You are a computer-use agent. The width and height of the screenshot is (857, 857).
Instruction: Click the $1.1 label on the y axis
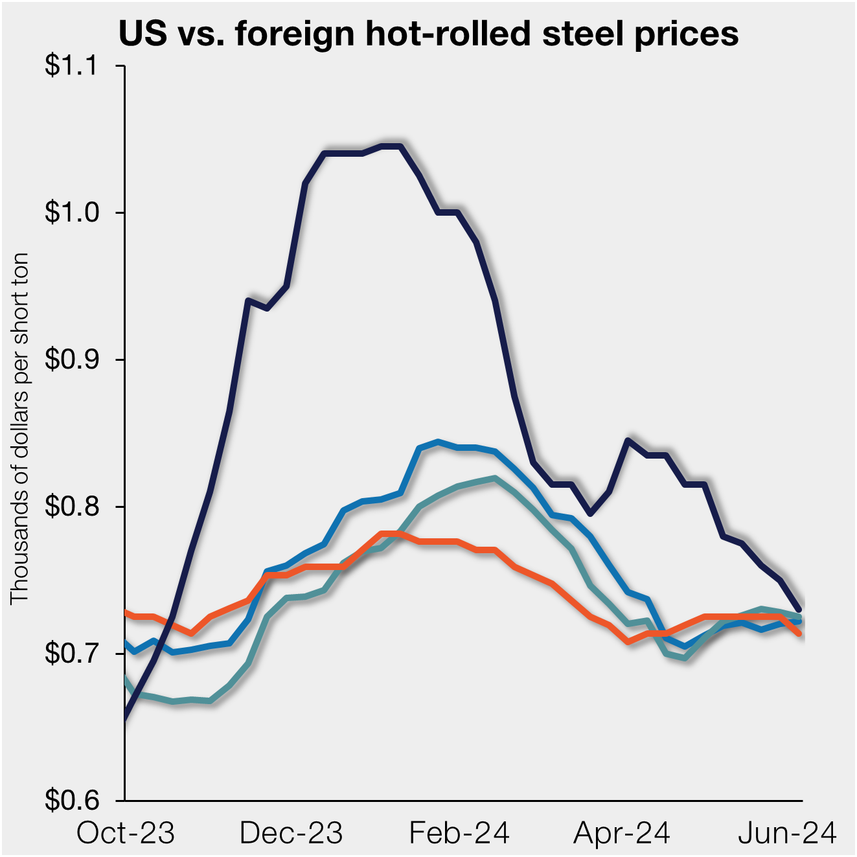(x=71, y=66)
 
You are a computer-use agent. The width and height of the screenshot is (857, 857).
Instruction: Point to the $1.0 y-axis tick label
(x=71, y=212)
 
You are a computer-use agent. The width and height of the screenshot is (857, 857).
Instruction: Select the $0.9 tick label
(x=71, y=360)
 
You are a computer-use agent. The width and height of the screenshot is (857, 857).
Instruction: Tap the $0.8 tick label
(x=71, y=507)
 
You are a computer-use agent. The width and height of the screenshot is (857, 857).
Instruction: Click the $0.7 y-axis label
(x=71, y=654)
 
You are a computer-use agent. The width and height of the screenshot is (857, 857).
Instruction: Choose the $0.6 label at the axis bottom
(x=71, y=801)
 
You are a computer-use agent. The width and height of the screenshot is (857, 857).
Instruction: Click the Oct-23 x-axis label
(x=126, y=833)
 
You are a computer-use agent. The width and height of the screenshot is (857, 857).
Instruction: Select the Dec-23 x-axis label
(x=291, y=833)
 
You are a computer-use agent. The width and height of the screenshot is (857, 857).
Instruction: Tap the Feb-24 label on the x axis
(x=459, y=833)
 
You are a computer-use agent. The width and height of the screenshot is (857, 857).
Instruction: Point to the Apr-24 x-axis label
(x=622, y=833)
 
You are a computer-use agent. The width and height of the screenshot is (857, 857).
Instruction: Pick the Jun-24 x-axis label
(x=788, y=833)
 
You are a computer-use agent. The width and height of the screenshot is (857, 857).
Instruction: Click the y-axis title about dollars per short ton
(x=20, y=428)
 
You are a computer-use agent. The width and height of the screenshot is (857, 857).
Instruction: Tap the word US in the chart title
(x=143, y=33)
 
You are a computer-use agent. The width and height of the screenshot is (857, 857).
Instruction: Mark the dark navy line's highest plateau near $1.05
(x=391, y=146)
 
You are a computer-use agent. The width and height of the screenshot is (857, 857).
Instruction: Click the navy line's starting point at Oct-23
(x=125, y=718)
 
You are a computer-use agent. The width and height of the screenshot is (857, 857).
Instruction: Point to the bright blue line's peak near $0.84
(x=439, y=442)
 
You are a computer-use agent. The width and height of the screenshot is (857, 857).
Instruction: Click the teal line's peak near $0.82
(x=494, y=478)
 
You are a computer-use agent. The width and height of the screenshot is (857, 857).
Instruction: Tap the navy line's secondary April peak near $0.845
(x=628, y=440)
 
